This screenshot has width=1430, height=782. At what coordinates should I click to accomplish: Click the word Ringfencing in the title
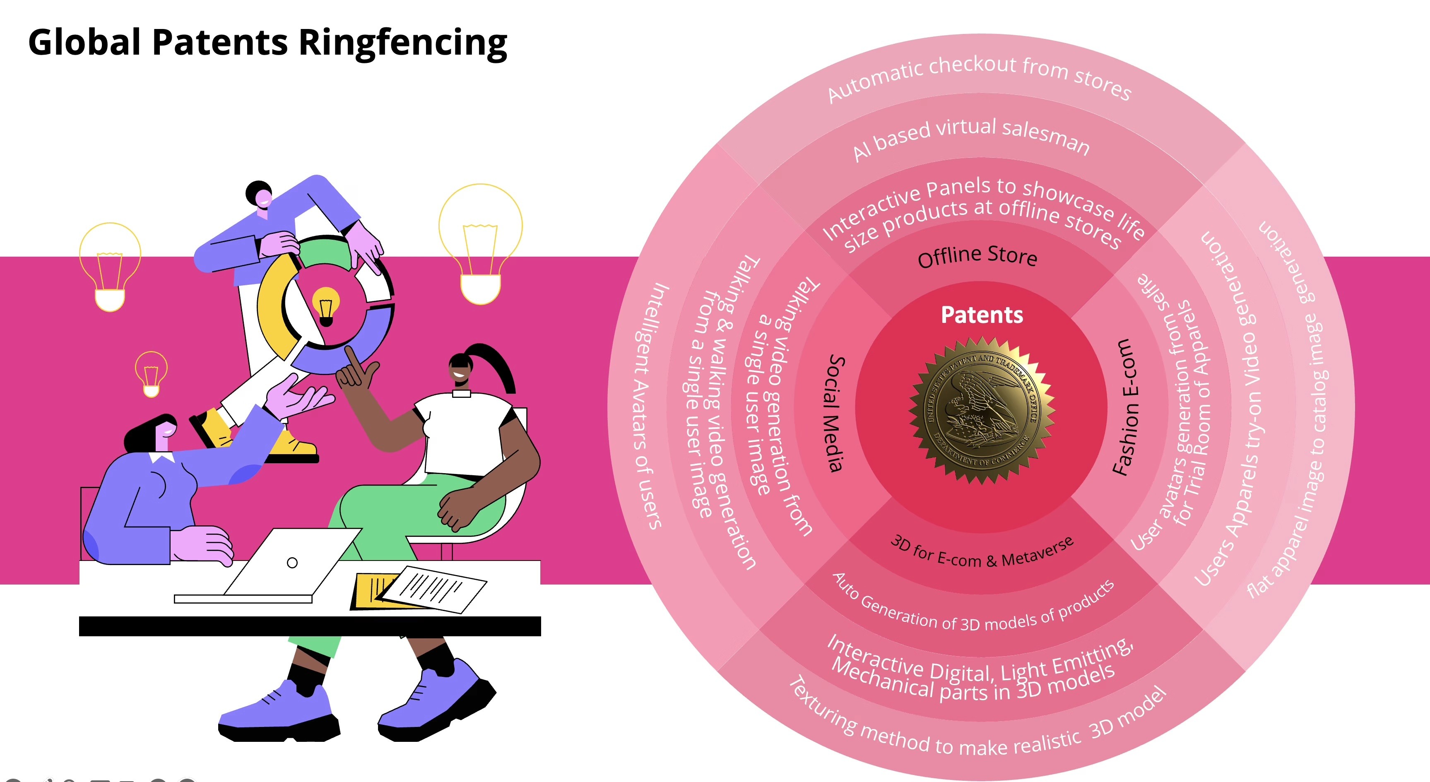click(403, 43)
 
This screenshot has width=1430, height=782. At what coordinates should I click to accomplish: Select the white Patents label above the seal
click(982, 315)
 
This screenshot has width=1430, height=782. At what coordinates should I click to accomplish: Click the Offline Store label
click(977, 256)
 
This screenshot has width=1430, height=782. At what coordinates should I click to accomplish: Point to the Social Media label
click(835, 414)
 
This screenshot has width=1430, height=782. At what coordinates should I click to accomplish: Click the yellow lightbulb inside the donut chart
click(326, 305)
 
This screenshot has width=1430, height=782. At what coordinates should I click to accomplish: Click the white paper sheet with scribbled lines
click(433, 588)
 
